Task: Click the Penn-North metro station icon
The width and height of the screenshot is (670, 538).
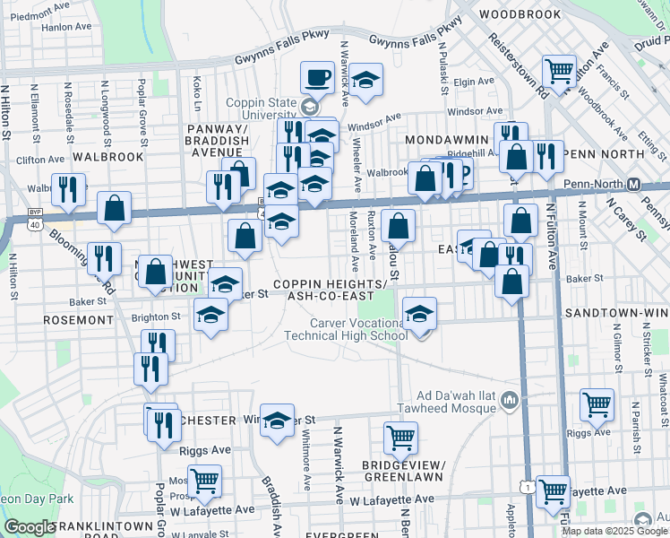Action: click(633, 185)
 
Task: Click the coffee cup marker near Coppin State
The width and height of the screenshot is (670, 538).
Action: click(316, 77)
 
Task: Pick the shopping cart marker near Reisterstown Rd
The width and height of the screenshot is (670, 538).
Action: click(560, 70)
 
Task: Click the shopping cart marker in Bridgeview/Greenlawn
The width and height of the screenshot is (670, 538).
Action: click(400, 438)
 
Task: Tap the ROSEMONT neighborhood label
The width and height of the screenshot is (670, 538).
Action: click(74, 319)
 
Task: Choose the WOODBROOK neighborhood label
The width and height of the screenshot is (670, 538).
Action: click(520, 14)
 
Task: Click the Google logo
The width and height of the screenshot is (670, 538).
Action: click(30, 527)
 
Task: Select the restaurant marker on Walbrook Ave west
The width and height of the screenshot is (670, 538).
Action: click(69, 189)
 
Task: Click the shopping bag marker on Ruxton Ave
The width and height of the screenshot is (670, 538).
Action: click(399, 225)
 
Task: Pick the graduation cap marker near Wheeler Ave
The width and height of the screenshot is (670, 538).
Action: click(365, 80)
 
